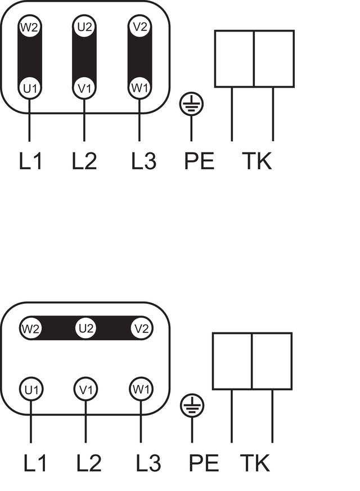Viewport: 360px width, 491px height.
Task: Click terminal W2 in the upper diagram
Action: pyautogui.click(x=29, y=27)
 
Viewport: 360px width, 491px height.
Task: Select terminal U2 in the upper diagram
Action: pyautogui.click(x=84, y=26)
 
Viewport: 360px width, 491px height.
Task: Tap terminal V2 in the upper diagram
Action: pyautogui.click(x=139, y=26)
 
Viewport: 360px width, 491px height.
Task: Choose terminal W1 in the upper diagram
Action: pyautogui.click(x=139, y=87)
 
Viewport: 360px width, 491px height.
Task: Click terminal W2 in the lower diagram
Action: pyautogui.click(x=31, y=328)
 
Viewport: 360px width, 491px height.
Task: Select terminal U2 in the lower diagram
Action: pyautogui.click(x=85, y=328)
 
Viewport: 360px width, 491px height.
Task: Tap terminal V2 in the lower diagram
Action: pyautogui.click(x=142, y=328)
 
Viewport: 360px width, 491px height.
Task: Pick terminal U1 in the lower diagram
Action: pyautogui.click(x=31, y=389)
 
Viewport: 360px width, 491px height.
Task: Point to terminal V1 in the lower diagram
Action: pyautogui.click(x=85, y=389)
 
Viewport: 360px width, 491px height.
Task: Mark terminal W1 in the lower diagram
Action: pyautogui.click(x=141, y=389)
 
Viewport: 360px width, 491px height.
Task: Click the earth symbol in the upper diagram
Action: pyautogui.click(x=191, y=103)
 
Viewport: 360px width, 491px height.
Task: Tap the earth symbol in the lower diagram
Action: pyautogui.click(x=192, y=406)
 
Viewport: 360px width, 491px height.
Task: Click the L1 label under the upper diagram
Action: pyautogui.click(x=30, y=161)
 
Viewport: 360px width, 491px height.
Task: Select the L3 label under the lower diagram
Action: pyautogui.click(x=148, y=463)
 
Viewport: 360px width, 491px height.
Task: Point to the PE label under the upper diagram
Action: pyautogui.click(x=199, y=161)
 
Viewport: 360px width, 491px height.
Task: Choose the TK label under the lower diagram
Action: pyautogui.click(x=255, y=463)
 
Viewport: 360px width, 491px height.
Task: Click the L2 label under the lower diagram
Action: pyautogui.click(x=89, y=463)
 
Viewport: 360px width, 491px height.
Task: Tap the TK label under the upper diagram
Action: pyautogui.click(x=256, y=161)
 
